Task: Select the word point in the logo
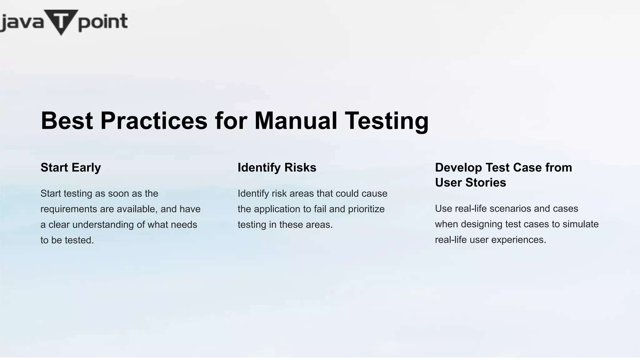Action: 103,22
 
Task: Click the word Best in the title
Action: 67,121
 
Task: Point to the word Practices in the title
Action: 154,121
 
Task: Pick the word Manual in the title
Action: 296,121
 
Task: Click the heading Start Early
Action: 71,167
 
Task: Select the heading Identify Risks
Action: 277,167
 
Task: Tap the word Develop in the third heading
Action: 458,167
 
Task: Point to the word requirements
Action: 69,209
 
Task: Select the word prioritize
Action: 366,209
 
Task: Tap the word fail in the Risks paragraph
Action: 320,209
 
